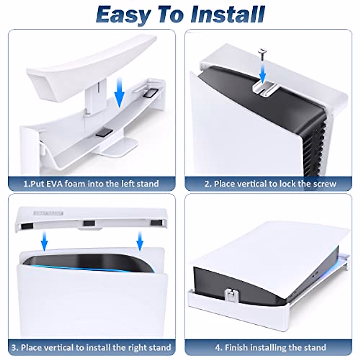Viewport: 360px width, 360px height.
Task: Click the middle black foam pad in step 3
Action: pos(89,223)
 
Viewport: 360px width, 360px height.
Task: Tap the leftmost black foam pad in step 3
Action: pos(28,226)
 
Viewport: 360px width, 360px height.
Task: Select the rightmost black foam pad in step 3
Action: pos(156,223)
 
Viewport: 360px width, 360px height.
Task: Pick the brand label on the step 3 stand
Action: pos(48,213)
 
